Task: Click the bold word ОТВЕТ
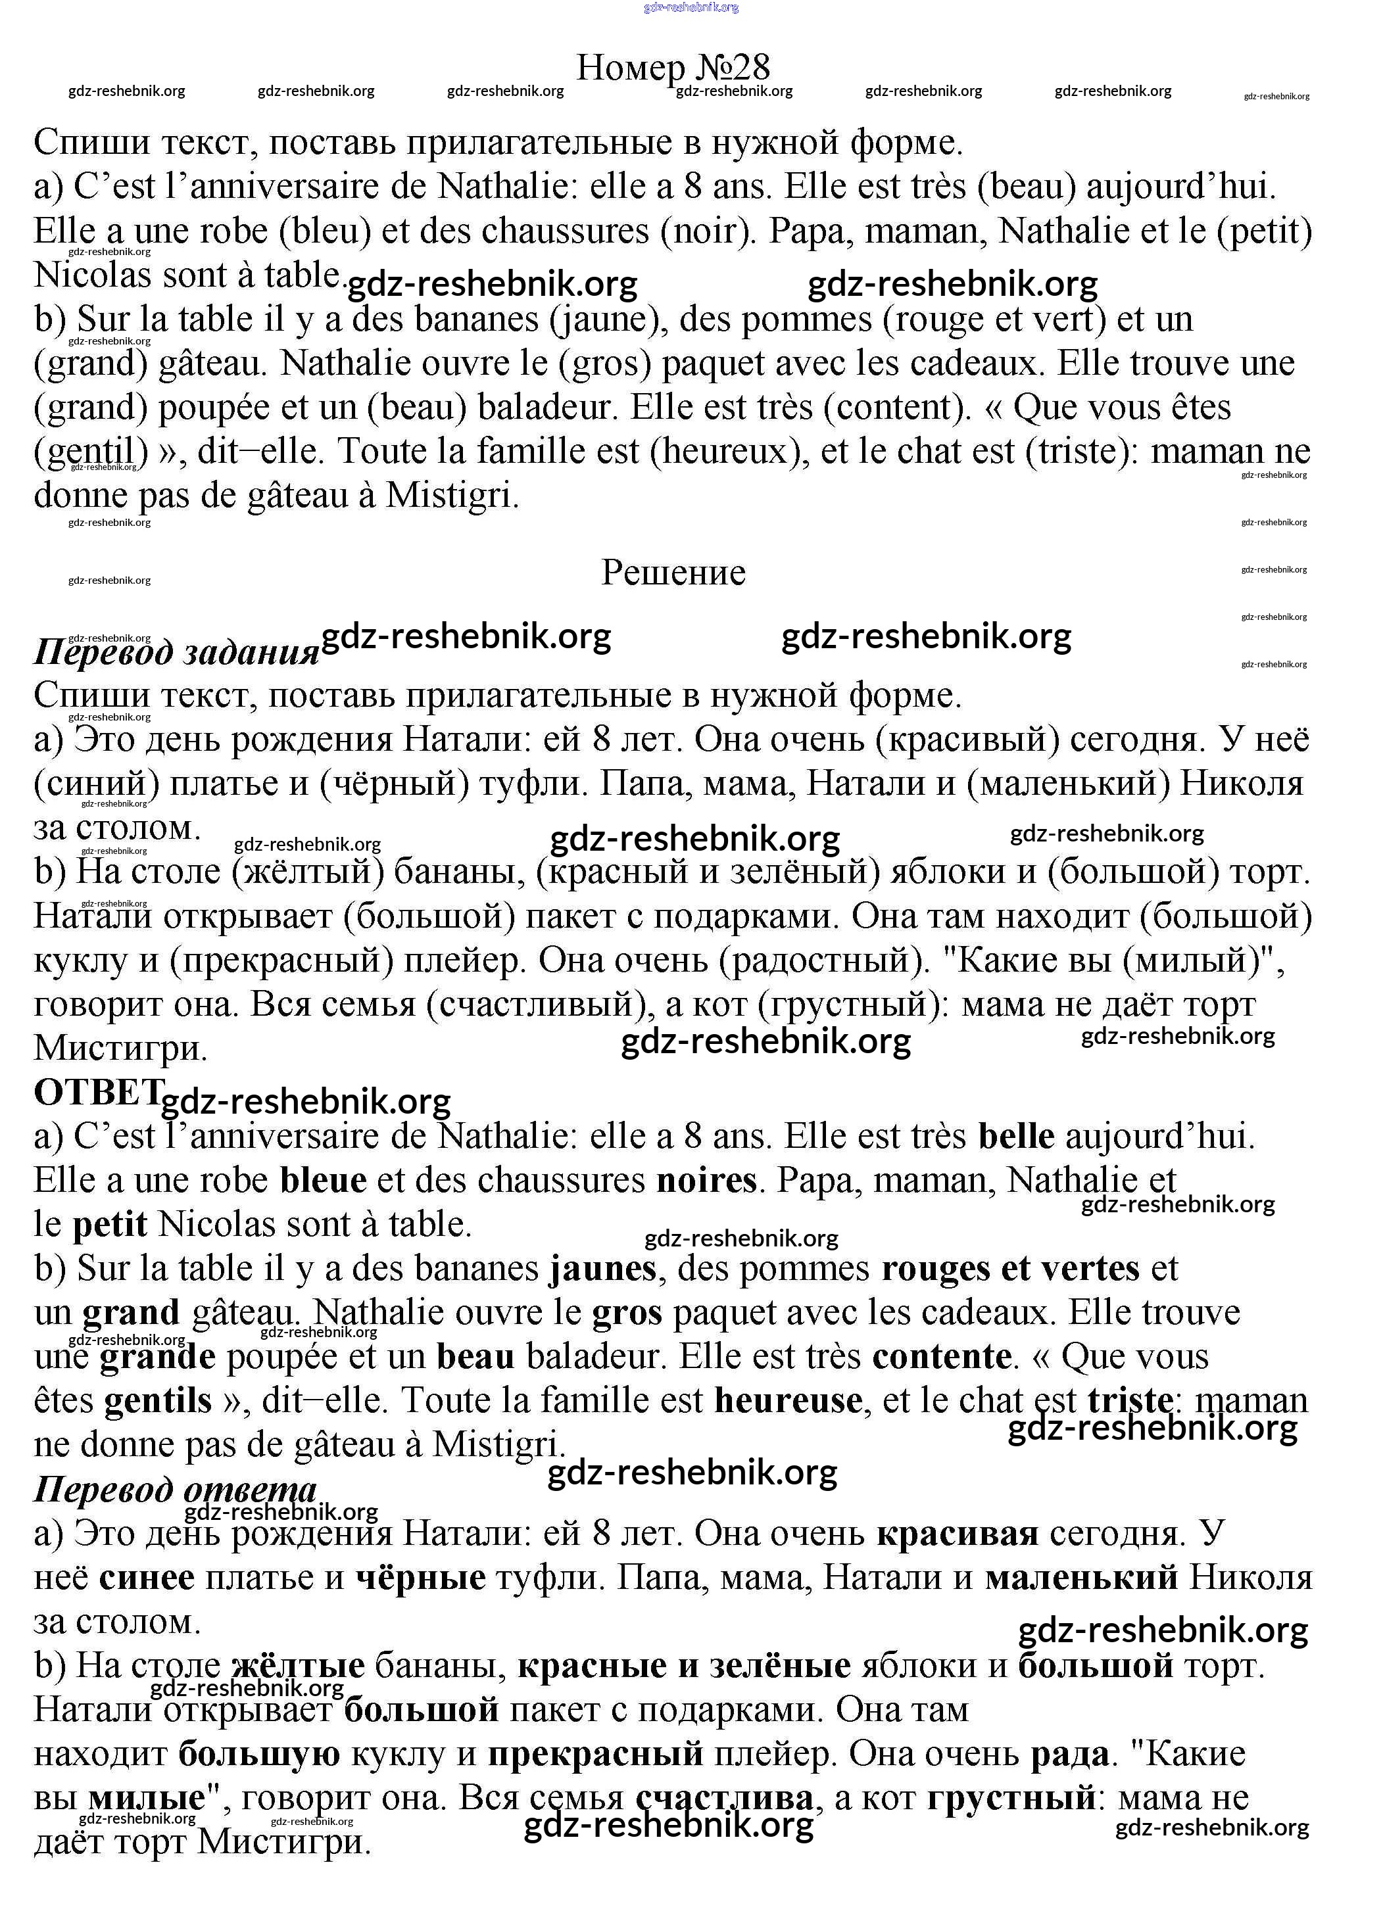(97, 1092)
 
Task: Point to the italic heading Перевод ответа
(175, 1488)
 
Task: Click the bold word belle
(1016, 1136)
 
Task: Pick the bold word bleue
(323, 1180)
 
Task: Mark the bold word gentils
(157, 1400)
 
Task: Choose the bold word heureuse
(788, 1400)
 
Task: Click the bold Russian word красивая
(957, 1533)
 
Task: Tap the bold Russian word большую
(258, 1754)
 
